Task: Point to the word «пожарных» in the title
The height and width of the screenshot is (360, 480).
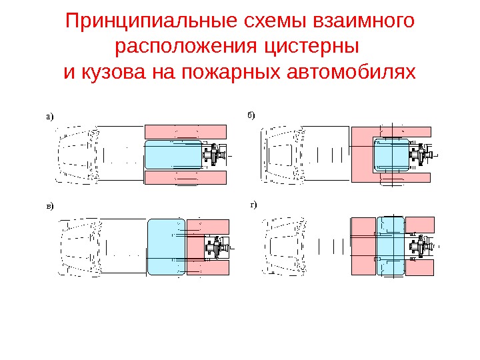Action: coord(233,71)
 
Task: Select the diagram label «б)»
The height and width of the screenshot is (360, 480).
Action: coord(251,115)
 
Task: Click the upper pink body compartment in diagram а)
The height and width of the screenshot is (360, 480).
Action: coord(185,131)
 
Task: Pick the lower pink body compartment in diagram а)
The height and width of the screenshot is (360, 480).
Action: coord(185,178)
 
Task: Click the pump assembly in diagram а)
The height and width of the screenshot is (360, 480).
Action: coord(215,155)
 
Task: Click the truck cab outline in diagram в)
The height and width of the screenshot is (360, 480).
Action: coord(80,247)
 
